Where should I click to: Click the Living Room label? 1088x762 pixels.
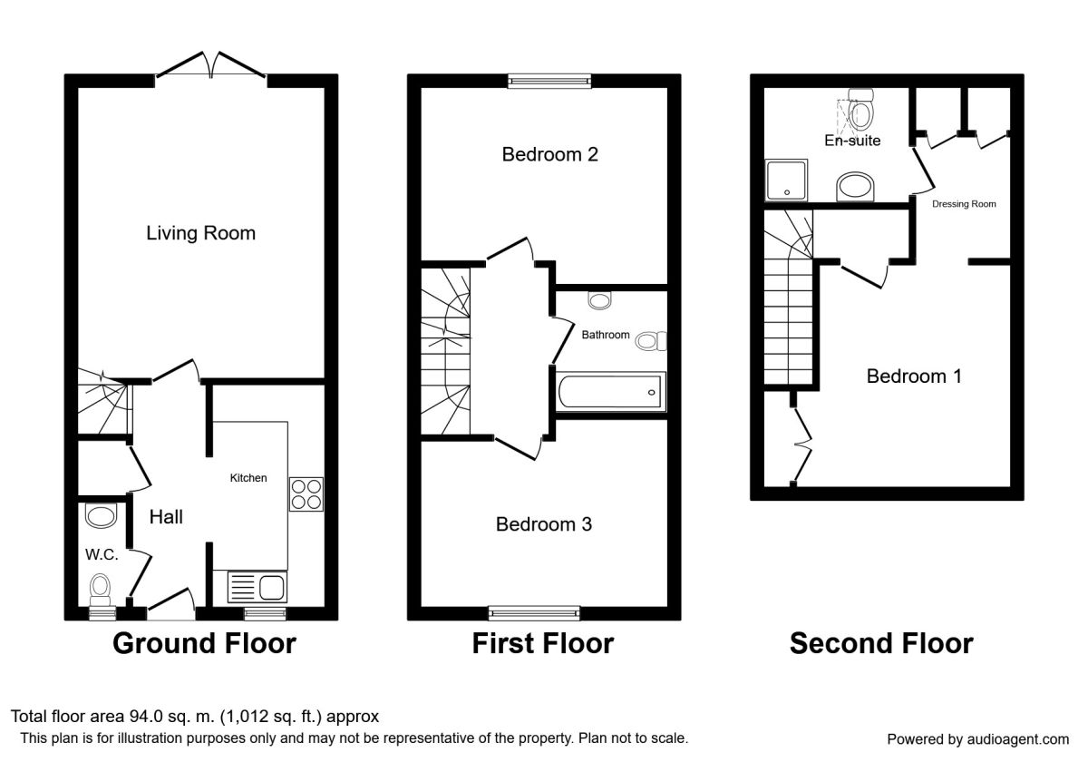(x=200, y=233)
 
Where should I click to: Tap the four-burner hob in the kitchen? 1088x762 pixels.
(x=306, y=493)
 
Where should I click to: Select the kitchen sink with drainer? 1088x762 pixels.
(x=257, y=587)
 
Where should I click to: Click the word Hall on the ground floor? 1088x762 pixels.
(x=166, y=517)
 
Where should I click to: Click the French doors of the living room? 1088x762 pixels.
(x=210, y=65)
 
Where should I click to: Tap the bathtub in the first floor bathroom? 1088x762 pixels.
(x=612, y=392)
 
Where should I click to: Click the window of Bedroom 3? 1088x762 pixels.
(x=533, y=611)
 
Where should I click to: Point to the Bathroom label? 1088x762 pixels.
(x=605, y=335)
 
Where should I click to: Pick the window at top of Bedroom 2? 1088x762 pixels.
(x=549, y=82)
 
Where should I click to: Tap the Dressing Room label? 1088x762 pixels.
(x=964, y=204)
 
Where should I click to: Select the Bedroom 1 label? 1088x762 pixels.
(x=913, y=376)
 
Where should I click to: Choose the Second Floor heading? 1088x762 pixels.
(x=880, y=643)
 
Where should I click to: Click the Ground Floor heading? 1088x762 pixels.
(x=204, y=643)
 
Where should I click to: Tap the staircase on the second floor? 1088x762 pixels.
(x=786, y=308)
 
